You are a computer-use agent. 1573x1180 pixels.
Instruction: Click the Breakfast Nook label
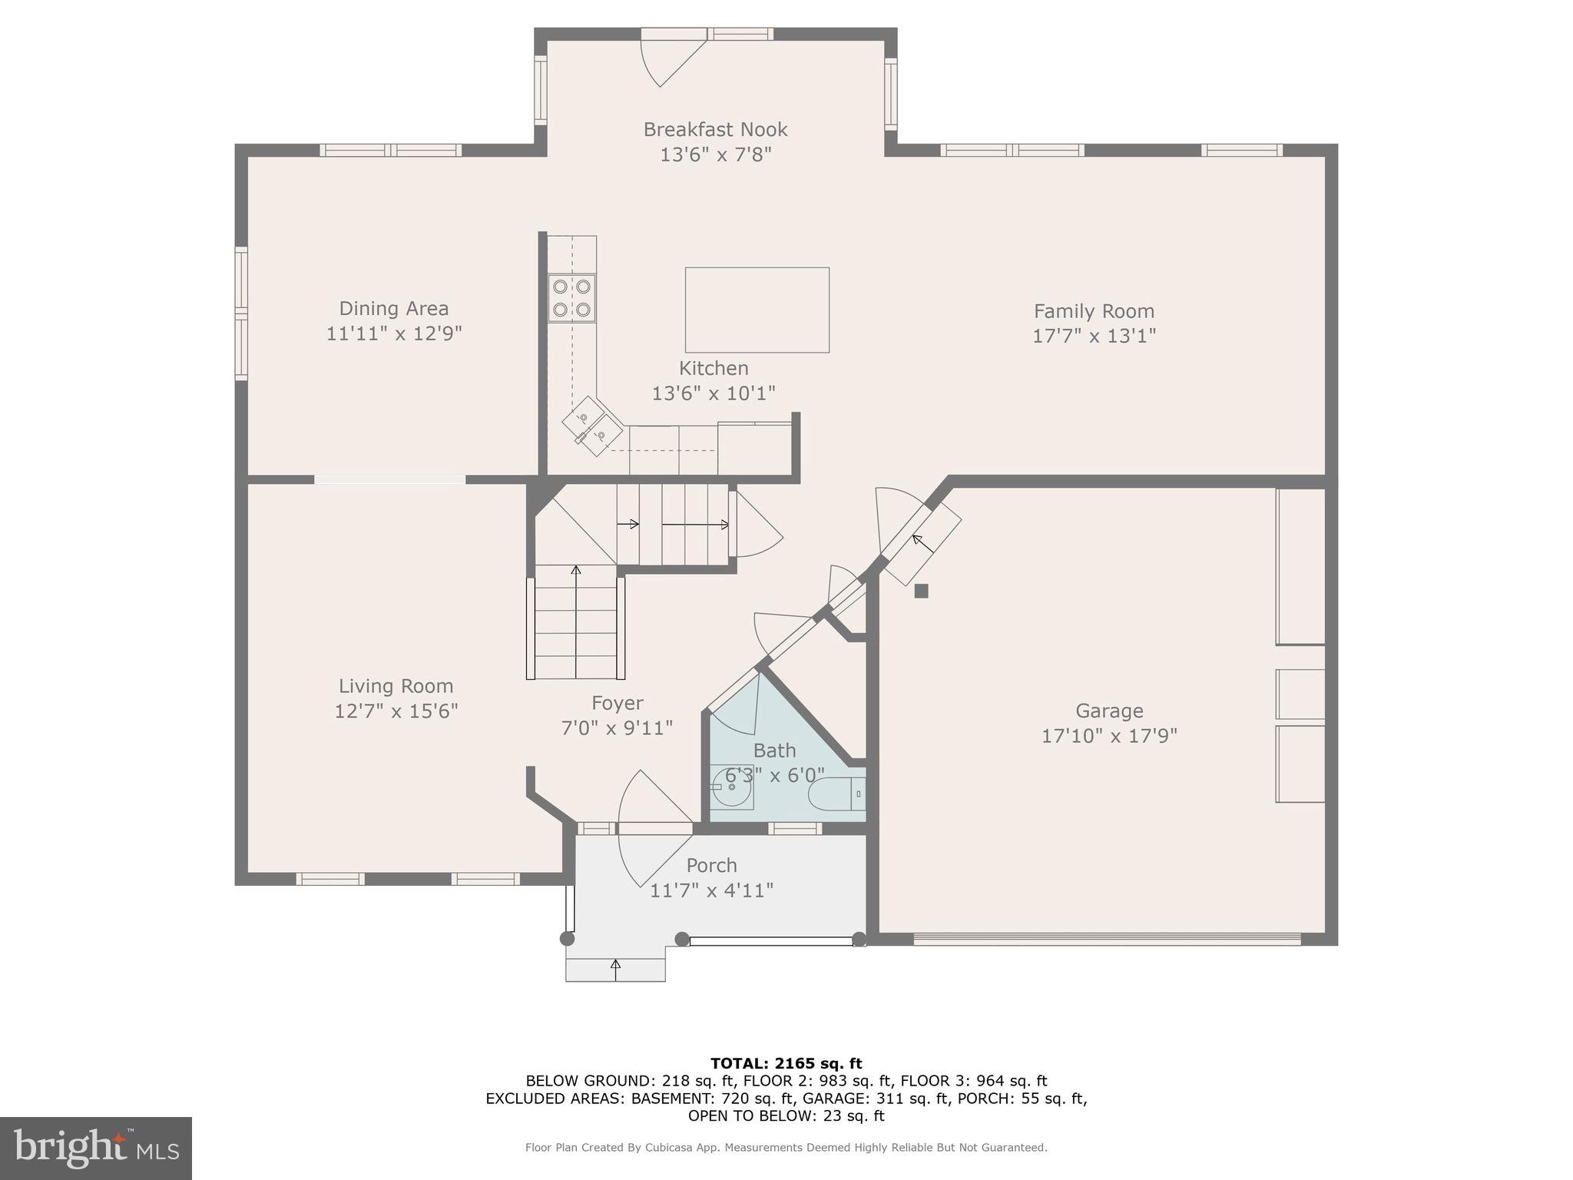pos(715,129)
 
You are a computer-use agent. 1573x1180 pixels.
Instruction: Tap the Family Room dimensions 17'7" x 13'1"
pos(1094,336)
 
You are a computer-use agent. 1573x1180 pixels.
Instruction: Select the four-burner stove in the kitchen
pos(571,298)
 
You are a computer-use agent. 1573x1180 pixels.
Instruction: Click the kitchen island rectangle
pos(757,310)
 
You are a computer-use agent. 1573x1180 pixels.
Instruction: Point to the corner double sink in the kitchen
pos(591,426)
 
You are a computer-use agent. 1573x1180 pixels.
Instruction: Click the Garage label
pos(1108,711)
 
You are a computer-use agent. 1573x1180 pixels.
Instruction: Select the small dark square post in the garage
pos(921,591)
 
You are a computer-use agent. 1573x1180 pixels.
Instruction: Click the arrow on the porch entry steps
pos(615,969)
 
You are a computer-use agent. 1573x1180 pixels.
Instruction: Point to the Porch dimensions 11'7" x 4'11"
pos(711,890)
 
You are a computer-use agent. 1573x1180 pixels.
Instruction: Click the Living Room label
pos(396,686)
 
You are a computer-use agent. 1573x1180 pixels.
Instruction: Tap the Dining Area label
pos(393,308)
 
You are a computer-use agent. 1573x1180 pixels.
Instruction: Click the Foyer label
pos(617,703)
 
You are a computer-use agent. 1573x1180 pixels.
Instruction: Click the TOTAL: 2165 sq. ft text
pos(786,1063)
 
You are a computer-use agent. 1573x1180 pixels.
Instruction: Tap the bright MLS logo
pos(96,1148)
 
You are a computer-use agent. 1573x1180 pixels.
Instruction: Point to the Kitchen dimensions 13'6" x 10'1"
pos(714,393)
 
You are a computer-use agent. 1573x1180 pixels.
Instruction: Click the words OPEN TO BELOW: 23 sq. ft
pos(786,1115)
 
